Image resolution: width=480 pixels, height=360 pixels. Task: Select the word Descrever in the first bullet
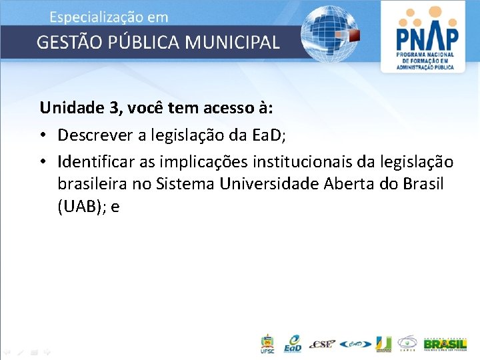[x=92, y=135]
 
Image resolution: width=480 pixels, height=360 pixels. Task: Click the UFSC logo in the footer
[x=267, y=343]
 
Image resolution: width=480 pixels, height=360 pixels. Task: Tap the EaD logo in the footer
[x=292, y=343]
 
